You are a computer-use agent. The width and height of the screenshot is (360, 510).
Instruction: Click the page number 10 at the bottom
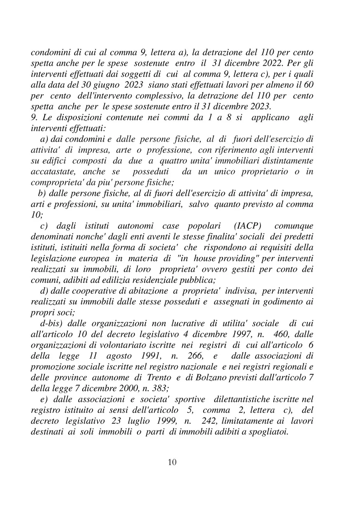172,462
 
